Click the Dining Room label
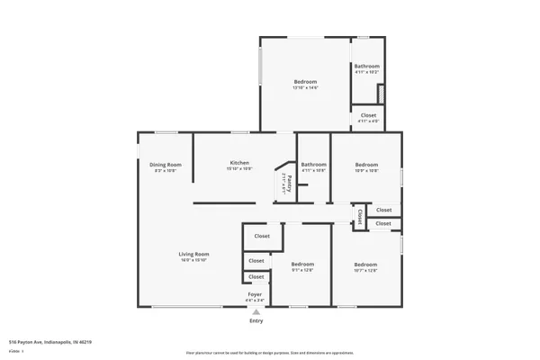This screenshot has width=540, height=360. (166, 164)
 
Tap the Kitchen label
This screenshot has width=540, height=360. (238, 163)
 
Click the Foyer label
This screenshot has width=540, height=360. (256, 294)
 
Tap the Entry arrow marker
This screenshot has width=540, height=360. (256, 311)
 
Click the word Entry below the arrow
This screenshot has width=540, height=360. (256, 321)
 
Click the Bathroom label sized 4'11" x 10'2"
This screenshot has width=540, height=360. (366, 66)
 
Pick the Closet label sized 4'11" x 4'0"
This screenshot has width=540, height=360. (368, 115)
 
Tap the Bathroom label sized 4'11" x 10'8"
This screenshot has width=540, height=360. (313, 164)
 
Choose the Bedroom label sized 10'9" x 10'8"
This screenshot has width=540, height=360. (366, 164)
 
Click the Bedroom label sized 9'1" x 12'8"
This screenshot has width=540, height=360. (302, 264)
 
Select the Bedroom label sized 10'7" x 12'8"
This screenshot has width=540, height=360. (365, 264)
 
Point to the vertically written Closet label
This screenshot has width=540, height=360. (360, 216)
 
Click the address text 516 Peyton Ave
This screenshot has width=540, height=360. (50, 342)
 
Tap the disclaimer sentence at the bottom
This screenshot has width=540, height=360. (270, 353)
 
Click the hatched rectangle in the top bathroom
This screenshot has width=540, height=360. (381, 93)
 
